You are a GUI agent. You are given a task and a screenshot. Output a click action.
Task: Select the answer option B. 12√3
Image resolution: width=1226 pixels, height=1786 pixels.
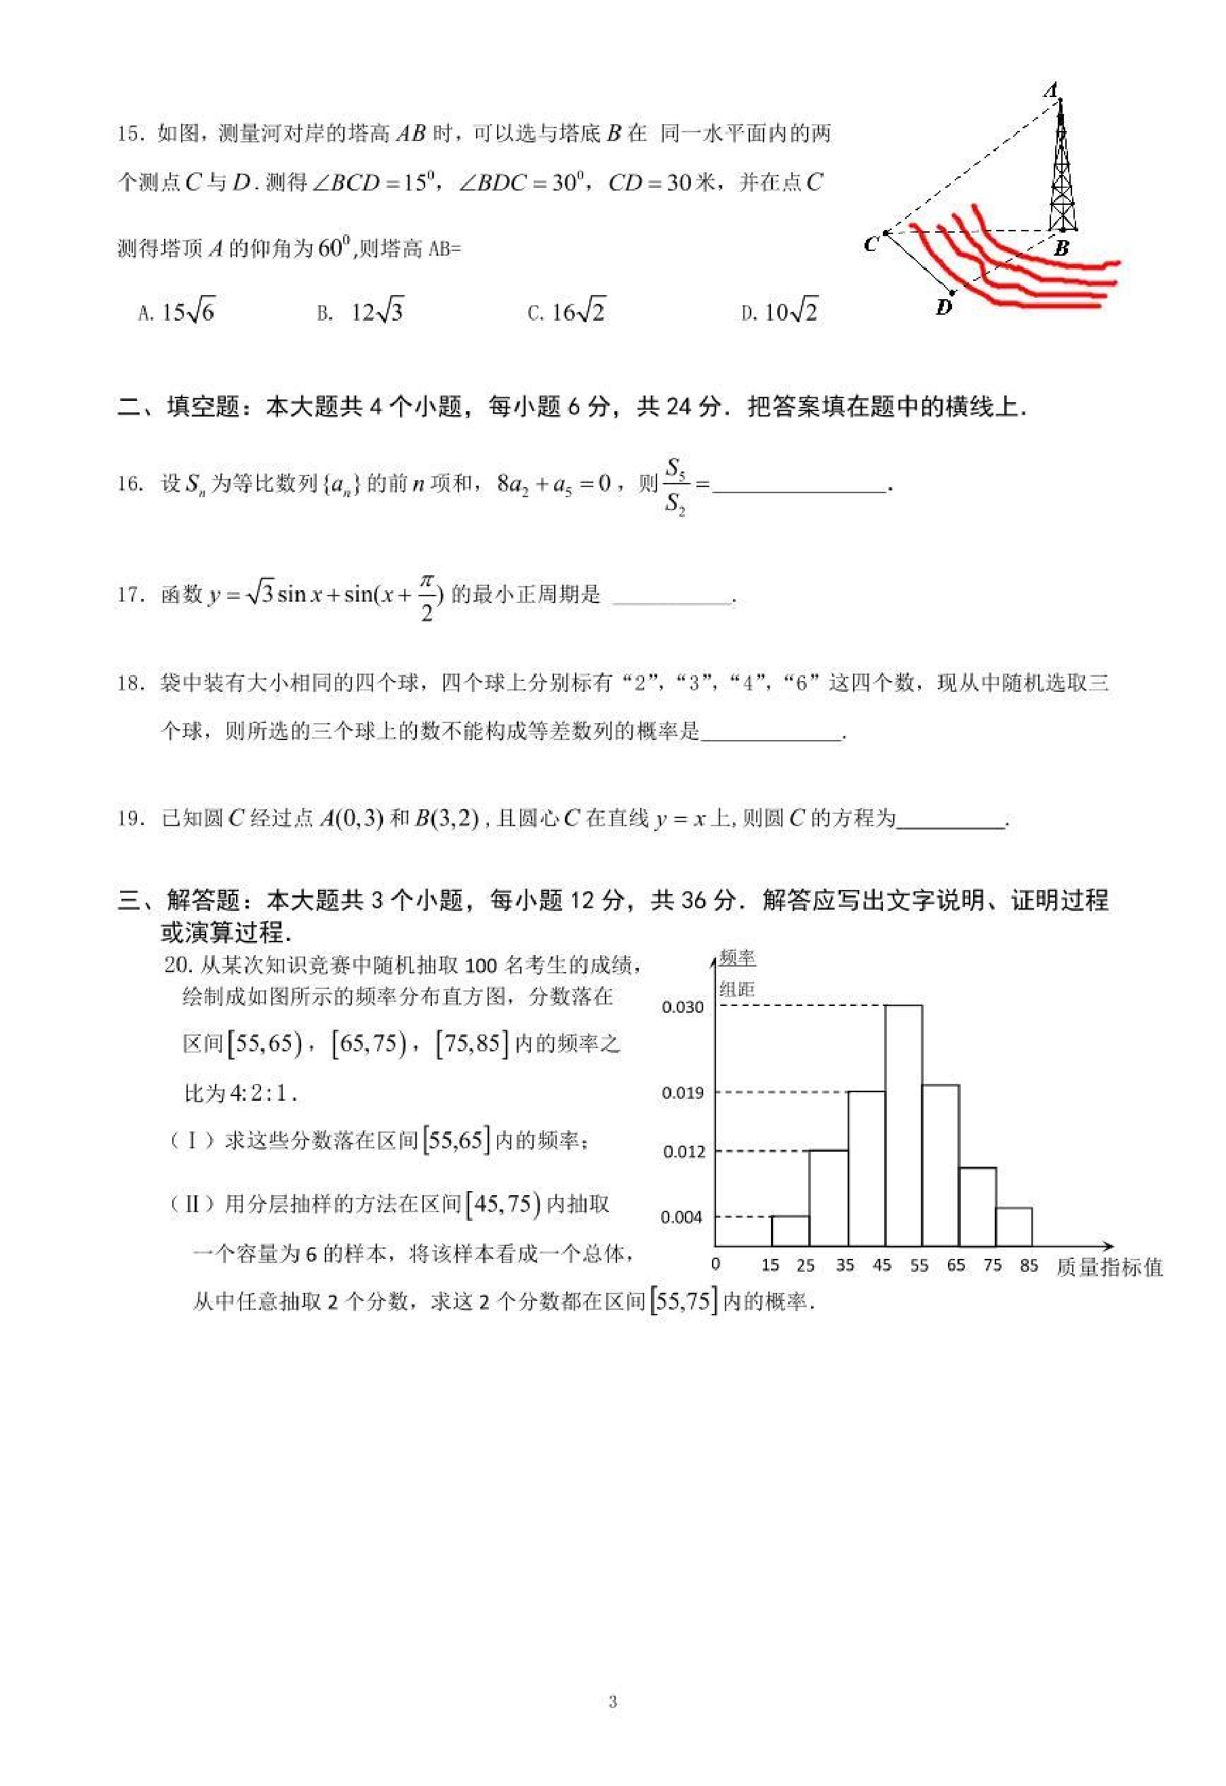360,312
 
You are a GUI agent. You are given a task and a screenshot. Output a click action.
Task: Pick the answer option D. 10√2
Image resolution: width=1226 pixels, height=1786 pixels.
780,312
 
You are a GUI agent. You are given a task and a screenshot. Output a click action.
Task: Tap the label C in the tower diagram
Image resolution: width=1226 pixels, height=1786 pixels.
870,245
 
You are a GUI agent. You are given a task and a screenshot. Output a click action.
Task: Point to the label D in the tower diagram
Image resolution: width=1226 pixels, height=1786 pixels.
944,308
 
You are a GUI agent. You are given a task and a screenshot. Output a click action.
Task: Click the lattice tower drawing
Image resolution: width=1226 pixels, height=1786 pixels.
1062,169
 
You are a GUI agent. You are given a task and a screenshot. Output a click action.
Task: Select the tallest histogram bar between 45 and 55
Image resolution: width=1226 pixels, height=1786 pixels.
903,1125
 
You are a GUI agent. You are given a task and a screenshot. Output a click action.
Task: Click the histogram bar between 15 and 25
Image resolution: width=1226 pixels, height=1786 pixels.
790,1230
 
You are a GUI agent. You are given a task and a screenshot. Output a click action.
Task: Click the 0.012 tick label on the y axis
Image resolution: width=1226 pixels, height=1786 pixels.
682,1151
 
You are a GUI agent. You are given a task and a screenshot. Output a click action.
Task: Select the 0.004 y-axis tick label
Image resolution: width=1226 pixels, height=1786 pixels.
682,1216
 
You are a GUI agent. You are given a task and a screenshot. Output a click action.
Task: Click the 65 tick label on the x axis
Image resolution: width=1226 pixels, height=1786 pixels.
955,1265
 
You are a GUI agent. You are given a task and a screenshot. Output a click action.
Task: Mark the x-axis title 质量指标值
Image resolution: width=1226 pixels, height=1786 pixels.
1109,1266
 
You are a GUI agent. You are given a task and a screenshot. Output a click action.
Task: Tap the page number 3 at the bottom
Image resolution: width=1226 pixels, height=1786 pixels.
612,1701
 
